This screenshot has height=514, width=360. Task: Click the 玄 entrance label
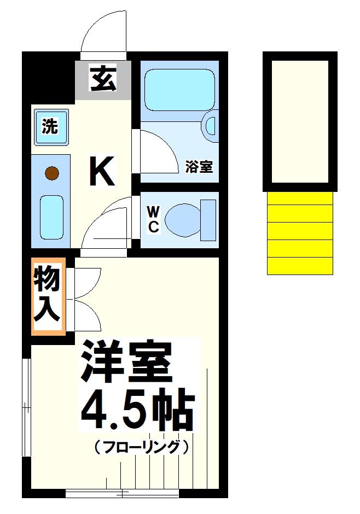[x=103, y=78]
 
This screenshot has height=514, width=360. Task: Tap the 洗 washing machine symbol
[x=51, y=127]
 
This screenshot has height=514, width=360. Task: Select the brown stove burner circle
[x=51, y=174]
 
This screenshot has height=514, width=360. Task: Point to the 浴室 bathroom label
[x=199, y=167]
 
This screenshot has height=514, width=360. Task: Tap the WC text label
[x=153, y=219]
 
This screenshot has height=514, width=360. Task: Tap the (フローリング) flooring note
[x=141, y=447]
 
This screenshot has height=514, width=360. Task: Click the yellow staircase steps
[x=300, y=232]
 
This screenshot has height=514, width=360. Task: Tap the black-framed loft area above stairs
[x=300, y=121]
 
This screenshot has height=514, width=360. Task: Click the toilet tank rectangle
[x=208, y=220]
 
